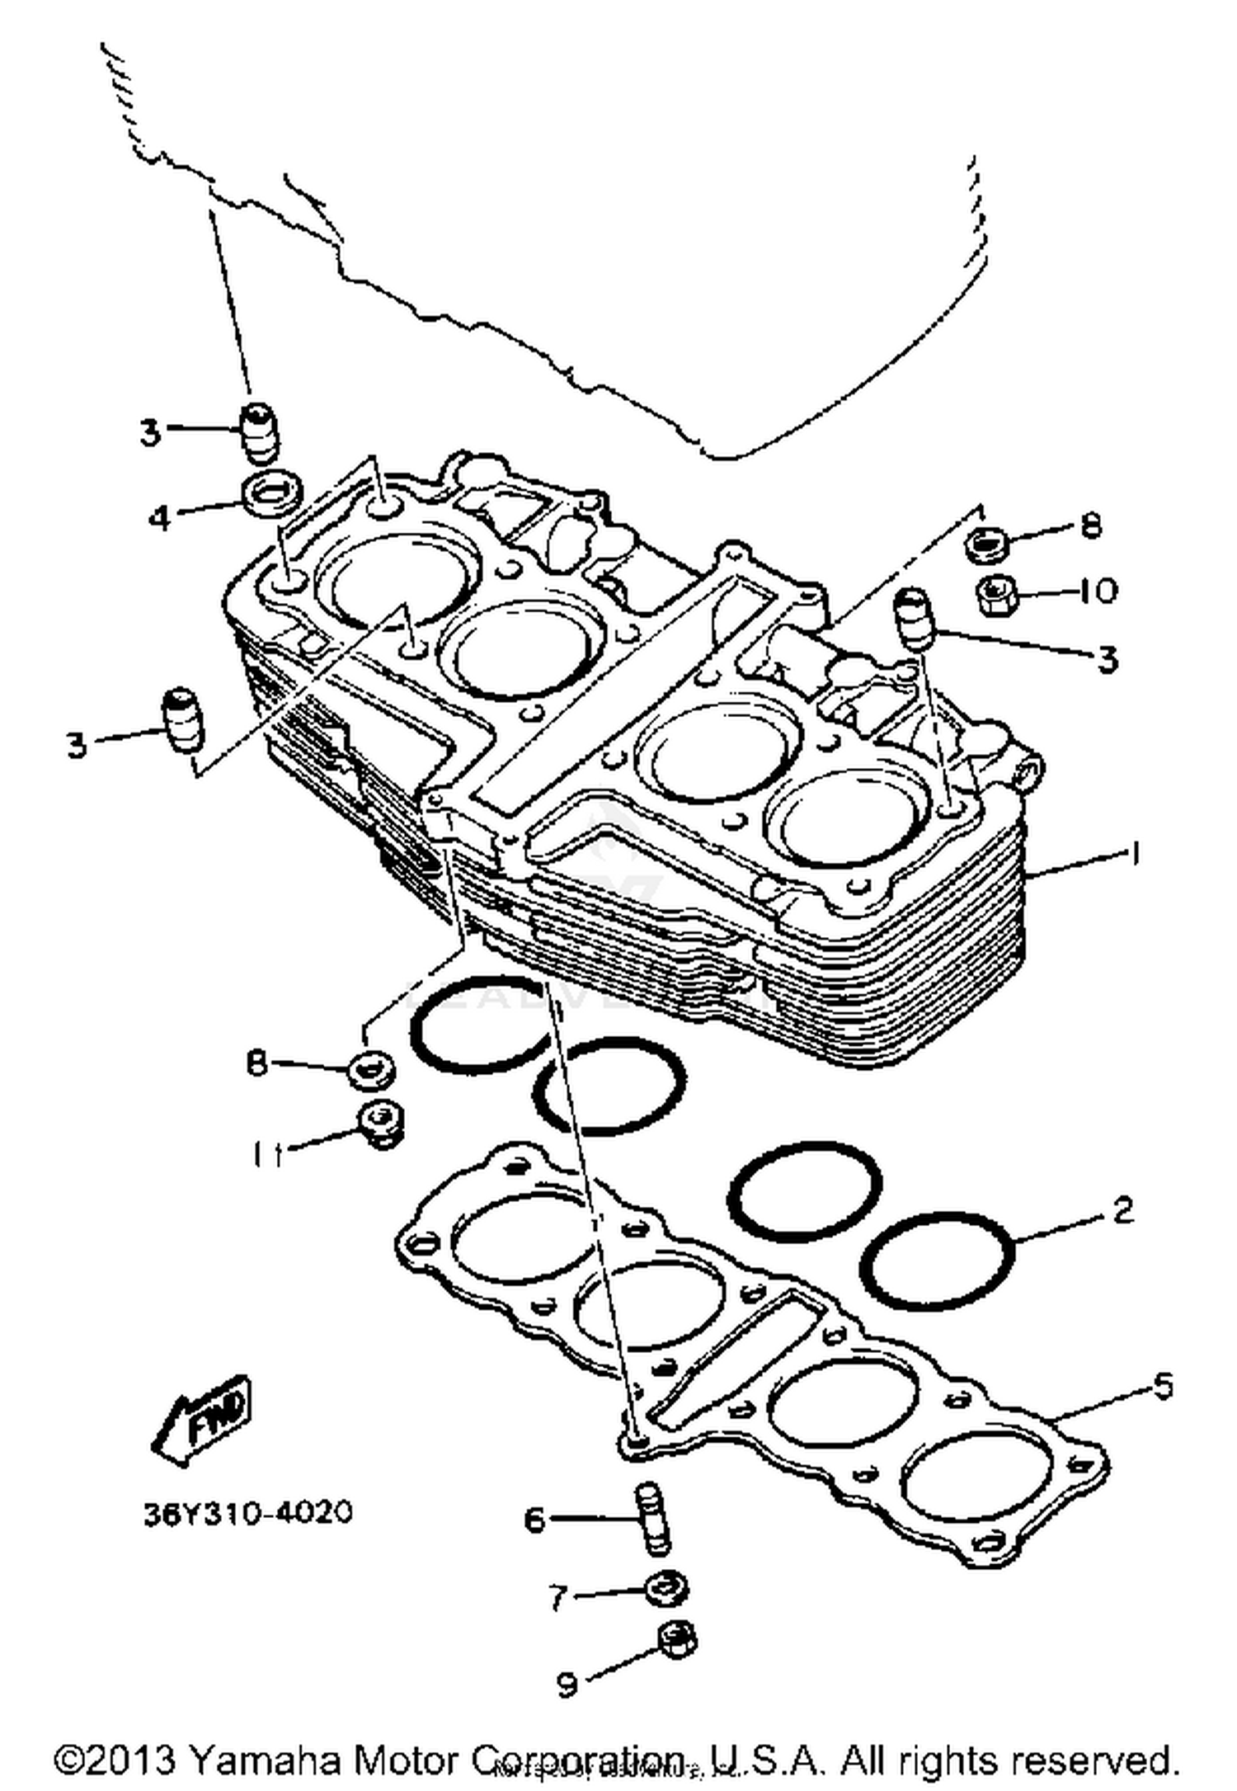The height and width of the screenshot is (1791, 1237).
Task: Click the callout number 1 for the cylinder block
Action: (x=1135, y=854)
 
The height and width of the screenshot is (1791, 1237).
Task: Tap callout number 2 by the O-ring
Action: (x=1123, y=1210)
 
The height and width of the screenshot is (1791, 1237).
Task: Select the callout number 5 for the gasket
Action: (x=1161, y=1386)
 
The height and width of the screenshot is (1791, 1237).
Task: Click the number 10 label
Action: (x=1098, y=591)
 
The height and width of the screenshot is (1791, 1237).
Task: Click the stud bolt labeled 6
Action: (x=653, y=1518)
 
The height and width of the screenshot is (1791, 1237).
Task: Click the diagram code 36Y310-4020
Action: (x=247, y=1513)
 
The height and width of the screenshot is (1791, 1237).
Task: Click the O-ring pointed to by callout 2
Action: (x=938, y=1261)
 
